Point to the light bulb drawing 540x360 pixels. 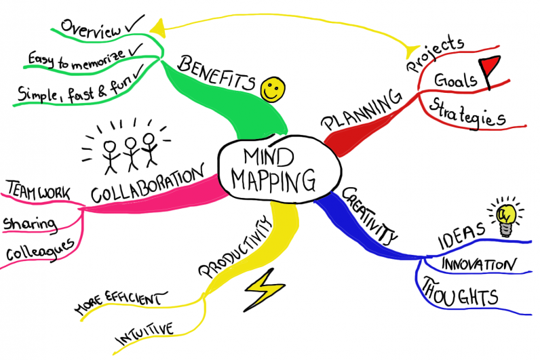pos(505,216)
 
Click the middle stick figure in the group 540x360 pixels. pos(132,151)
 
